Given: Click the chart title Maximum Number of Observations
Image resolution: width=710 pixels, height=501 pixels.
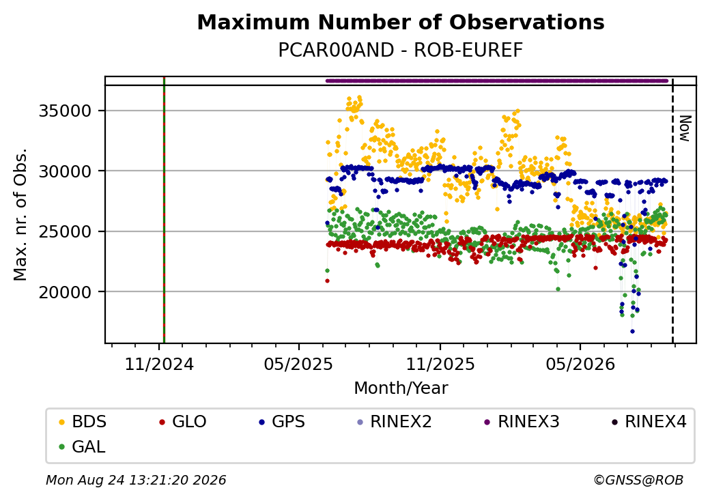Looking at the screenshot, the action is [x=401, y=22].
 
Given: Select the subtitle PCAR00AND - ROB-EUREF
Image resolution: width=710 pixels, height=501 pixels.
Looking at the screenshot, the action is [x=401, y=51].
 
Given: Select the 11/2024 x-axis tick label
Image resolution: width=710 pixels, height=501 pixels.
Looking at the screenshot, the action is [x=159, y=364].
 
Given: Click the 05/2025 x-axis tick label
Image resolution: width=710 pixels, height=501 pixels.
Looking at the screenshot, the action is [x=299, y=364].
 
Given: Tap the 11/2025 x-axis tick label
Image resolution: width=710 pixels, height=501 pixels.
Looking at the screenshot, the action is [x=440, y=364].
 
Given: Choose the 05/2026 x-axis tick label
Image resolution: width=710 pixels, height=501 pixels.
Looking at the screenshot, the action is [x=580, y=364].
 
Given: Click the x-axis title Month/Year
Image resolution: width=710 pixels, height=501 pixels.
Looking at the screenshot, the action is [x=401, y=388].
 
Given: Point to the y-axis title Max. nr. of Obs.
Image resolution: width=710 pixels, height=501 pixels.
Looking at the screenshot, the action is [x=20, y=214].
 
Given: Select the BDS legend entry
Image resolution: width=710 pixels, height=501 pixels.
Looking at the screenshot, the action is [x=83, y=422].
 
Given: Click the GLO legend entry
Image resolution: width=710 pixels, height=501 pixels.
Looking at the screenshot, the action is [x=183, y=422].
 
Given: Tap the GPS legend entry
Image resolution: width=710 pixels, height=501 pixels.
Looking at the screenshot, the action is [x=282, y=422].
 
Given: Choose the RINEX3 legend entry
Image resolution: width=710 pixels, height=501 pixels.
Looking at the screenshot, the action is [x=522, y=422].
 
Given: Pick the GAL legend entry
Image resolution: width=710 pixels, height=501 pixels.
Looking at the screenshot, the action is [x=83, y=446].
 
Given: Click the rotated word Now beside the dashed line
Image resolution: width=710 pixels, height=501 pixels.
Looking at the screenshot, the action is [x=685, y=128].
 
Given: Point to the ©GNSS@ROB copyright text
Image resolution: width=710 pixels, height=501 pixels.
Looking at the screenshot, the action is [x=638, y=480].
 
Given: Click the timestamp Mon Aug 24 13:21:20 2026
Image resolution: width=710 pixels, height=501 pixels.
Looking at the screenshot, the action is [x=136, y=480].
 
